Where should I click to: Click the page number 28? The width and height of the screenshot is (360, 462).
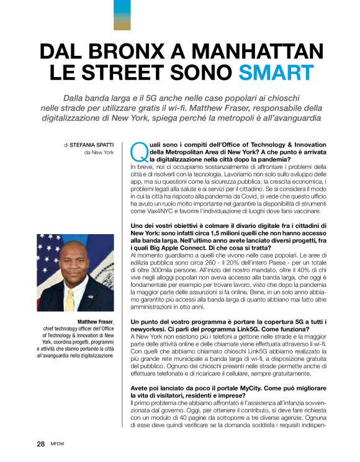click(x=40, y=444)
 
